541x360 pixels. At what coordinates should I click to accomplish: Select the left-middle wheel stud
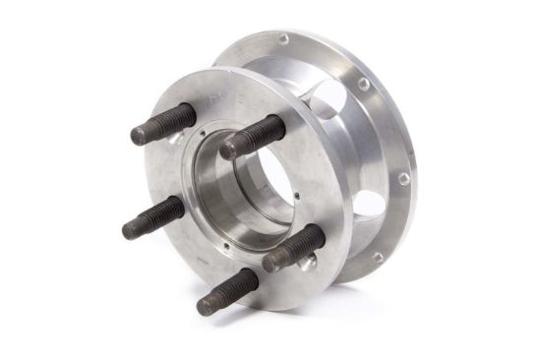click(153, 216)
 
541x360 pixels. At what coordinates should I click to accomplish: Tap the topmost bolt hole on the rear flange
click(283, 39)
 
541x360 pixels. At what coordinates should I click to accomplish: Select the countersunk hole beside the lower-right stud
click(309, 260)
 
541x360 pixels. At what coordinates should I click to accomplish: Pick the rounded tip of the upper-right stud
click(229, 149)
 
